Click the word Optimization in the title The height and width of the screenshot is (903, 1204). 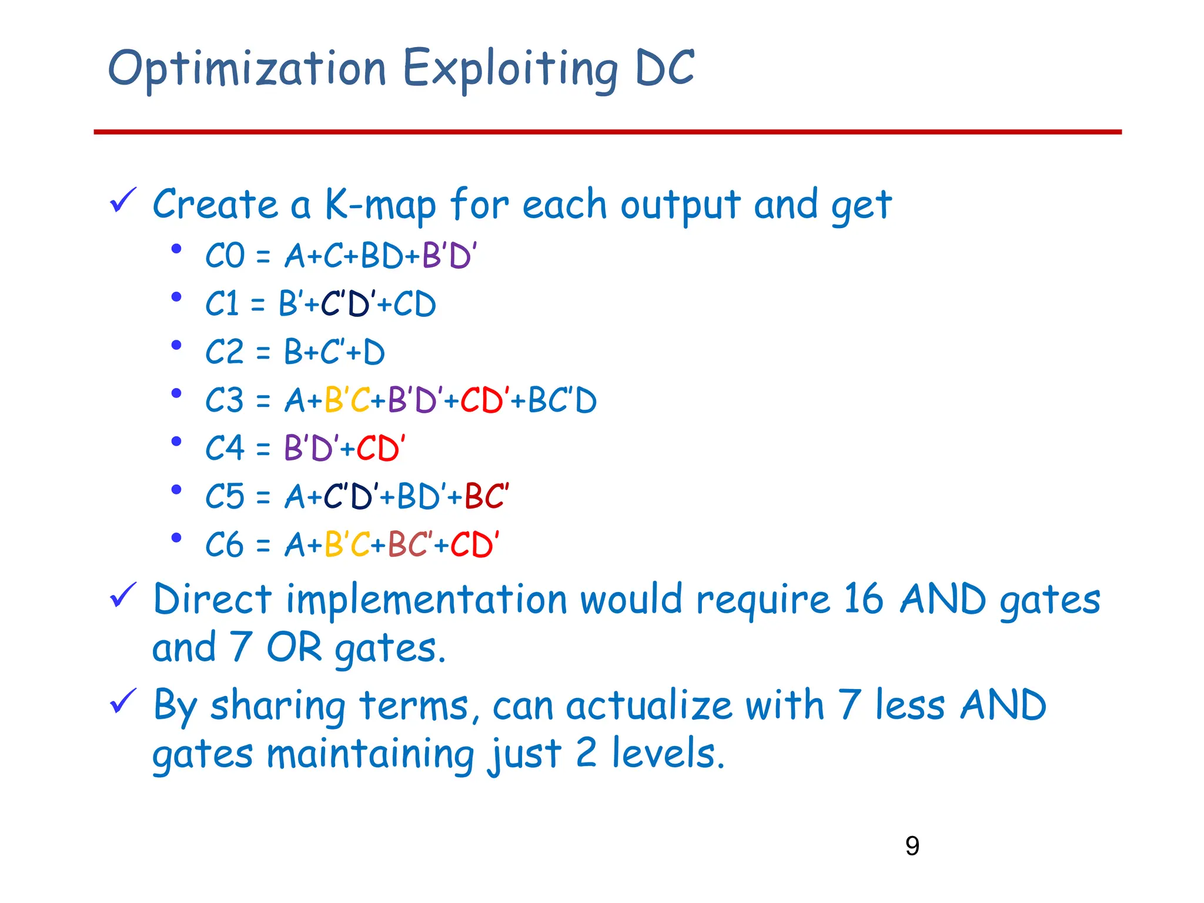[x=247, y=69]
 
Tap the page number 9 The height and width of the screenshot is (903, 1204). [x=912, y=846]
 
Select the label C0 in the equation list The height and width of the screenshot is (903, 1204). [x=225, y=256]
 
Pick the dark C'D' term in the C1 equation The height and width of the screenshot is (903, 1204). [x=347, y=304]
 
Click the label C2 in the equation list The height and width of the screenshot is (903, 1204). [x=225, y=353]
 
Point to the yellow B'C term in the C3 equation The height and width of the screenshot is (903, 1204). [x=347, y=401]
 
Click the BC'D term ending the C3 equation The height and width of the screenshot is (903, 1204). [x=562, y=401]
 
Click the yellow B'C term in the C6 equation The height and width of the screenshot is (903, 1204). [x=347, y=544]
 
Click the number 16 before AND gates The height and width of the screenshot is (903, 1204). [x=863, y=600]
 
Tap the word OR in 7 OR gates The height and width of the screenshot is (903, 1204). [x=294, y=648]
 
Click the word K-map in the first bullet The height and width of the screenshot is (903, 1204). [x=380, y=205]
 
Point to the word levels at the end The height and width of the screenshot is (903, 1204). [x=667, y=754]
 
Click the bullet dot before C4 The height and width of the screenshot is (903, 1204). [x=176, y=442]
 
